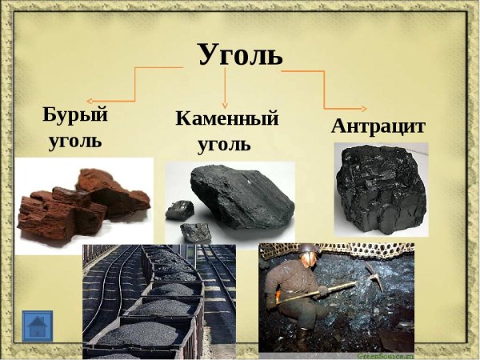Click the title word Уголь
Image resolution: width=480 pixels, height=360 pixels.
(x=240, y=54)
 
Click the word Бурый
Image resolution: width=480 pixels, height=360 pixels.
(x=75, y=114)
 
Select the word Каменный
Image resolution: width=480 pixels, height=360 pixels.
(x=227, y=119)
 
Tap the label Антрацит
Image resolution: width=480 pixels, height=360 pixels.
(x=378, y=127)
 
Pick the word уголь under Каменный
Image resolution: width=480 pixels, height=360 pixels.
(x=223, y=146)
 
